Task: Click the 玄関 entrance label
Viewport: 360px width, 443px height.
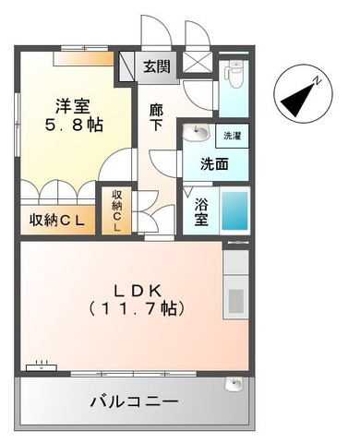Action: (157, 66)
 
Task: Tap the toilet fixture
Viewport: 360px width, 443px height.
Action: (234, 74)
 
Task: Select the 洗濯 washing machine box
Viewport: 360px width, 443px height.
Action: (232, 136)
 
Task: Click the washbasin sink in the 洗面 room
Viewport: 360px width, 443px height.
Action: (197, 133)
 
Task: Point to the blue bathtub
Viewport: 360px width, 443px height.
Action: (234, 211)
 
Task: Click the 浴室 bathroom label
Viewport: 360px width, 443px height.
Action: (202, 211)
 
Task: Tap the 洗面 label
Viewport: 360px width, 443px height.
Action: (214, 164)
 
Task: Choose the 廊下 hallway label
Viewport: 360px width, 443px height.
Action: (156, 117)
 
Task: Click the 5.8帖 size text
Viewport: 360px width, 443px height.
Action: (74, 125)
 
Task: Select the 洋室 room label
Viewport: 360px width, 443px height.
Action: (73, 107)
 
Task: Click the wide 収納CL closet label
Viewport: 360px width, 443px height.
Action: (57, 221)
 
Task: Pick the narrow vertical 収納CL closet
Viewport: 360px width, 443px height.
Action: (117, 210)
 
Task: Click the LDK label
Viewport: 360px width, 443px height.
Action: (138, 291)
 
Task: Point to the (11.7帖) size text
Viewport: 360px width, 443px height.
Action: (137, 308)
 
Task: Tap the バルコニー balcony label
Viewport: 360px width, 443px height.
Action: (135, 401)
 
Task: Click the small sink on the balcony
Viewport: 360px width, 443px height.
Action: (234, 383)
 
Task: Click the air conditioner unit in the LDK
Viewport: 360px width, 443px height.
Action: (42, 367)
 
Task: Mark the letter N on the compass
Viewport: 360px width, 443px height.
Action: (318, 81)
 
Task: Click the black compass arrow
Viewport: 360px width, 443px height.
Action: (297, 100)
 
